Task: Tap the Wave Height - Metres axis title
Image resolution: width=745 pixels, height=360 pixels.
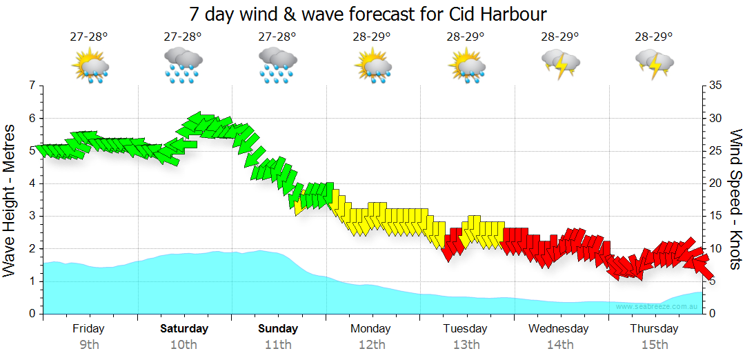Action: (10, 200)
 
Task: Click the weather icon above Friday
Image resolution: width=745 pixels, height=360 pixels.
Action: (90, 66)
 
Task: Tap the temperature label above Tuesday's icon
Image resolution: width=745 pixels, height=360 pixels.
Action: (466, 37)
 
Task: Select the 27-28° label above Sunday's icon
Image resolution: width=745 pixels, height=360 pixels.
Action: (277, 37)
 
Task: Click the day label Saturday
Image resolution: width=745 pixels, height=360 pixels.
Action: (184, 329)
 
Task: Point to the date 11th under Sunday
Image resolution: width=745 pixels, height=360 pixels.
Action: (278, 345)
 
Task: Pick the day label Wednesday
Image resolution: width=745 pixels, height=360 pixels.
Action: (559, 329)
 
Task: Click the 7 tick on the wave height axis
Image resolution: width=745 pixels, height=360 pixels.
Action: (31, 86)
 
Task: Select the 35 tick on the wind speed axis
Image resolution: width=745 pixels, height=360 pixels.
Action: (715, 86)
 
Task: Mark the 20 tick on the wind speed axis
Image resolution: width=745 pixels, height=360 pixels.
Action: (715, 183)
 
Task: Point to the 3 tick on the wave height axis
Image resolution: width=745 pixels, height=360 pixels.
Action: (31, 216)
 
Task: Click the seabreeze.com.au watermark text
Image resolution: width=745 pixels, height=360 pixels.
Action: (658, 306)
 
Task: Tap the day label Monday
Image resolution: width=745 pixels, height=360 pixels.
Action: (370, 329)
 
